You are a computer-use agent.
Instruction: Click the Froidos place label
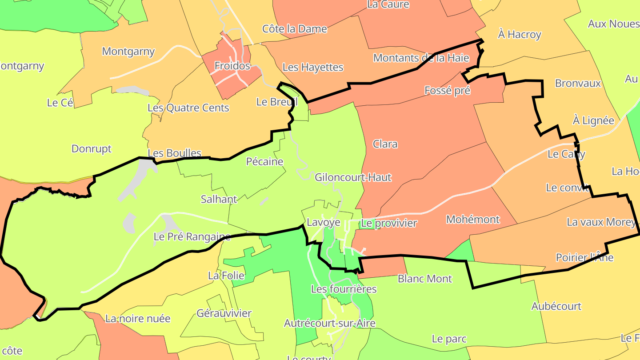click(x=232, y=66)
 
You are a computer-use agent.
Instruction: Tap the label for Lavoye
click(x=324, y=222)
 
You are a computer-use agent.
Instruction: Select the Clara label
click(x=385, y=144)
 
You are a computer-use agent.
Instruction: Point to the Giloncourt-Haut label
click(x=353, y=177)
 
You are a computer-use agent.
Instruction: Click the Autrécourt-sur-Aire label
click(x=330, y=323)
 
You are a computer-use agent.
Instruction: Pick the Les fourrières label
click(x=344, y=289)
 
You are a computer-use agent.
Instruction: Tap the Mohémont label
click(x=473, y=219)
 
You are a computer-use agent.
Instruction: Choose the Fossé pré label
click(x=447, y=90)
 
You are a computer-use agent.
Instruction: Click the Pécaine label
click(x=264, y=161)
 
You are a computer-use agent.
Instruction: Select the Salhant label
click(x=219, y=199)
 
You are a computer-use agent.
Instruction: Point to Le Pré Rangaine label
click(x=192, y=236)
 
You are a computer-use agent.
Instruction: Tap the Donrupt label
click(x=92, y=148)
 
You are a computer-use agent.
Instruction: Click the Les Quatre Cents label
click(x=188, y=108)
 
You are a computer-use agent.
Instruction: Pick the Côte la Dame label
click(x=295, y=29)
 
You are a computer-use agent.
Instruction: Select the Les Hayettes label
click(x=313, y=67)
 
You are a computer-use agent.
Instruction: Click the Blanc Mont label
click(x=425, y=279)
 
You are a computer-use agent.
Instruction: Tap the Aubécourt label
click(x=556, y=306)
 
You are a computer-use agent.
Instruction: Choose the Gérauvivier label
click(x=224, y=313)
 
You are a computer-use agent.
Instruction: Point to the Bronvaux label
click(x=578, y=83)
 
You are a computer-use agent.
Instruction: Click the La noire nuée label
click(x=138, y=318)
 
